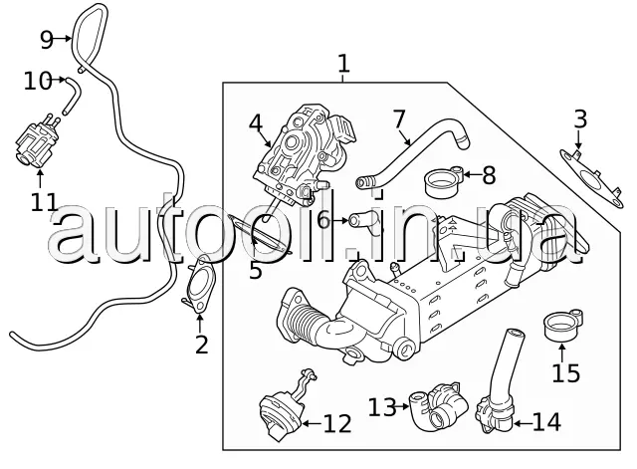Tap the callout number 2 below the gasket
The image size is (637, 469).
[201, 346]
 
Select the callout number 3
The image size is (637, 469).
[580, 121]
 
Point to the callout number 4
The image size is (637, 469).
[256, 124]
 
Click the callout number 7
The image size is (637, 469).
[399, 120]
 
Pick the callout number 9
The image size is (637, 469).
[46, 40]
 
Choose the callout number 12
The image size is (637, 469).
[337, 425]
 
